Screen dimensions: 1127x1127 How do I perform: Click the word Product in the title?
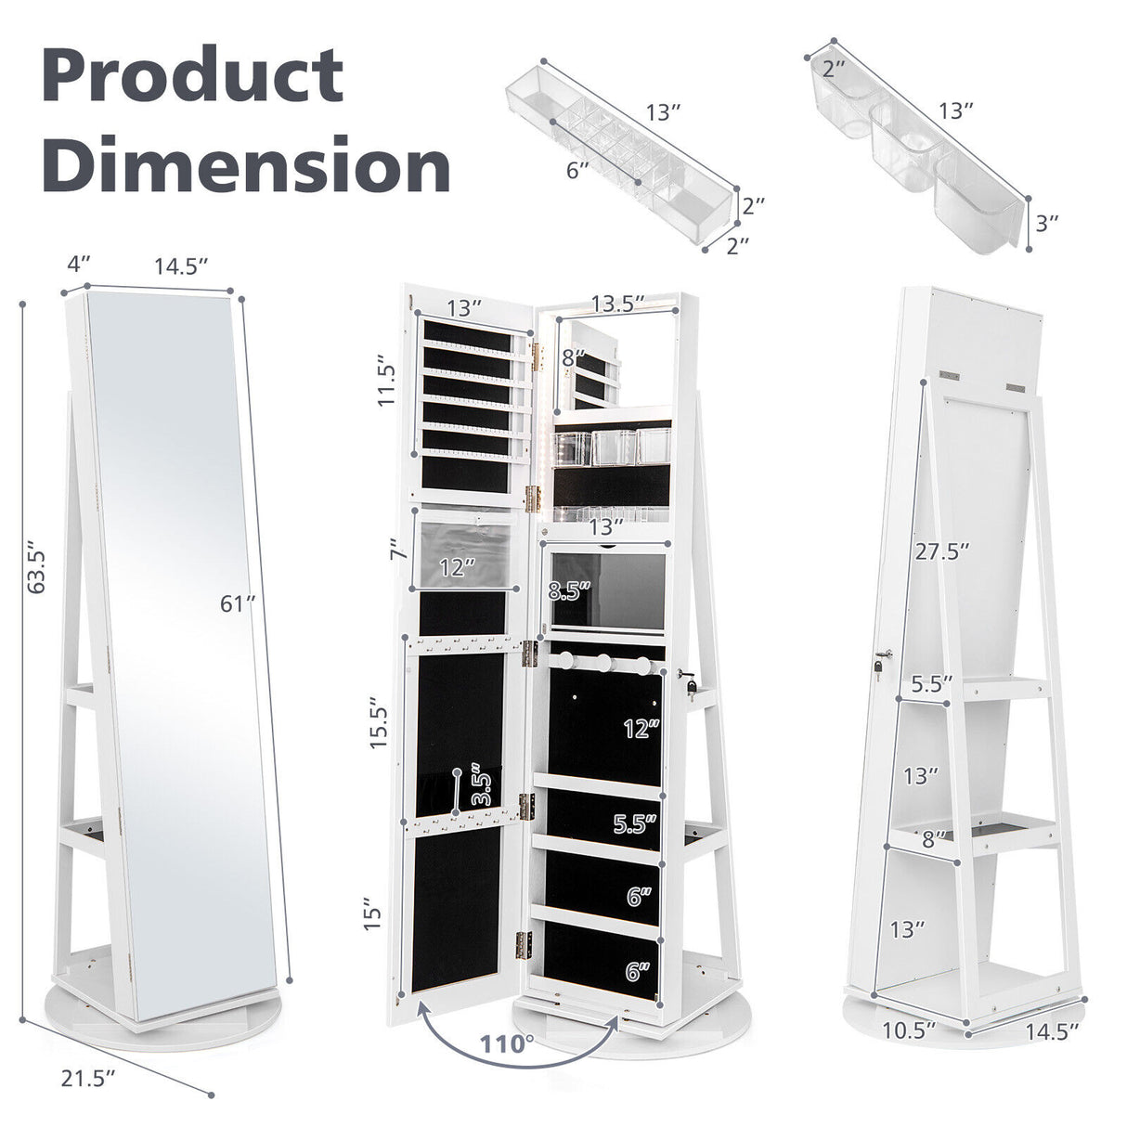192,77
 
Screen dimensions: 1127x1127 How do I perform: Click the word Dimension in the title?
246,164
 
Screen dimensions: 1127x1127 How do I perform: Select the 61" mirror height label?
238,604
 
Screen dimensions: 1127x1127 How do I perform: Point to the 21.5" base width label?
89,1078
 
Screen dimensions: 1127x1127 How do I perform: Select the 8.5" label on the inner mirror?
569,590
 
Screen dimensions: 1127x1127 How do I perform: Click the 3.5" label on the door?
480,784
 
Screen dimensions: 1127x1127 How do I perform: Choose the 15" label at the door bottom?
373,913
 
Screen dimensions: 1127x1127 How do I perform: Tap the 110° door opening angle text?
507,1043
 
